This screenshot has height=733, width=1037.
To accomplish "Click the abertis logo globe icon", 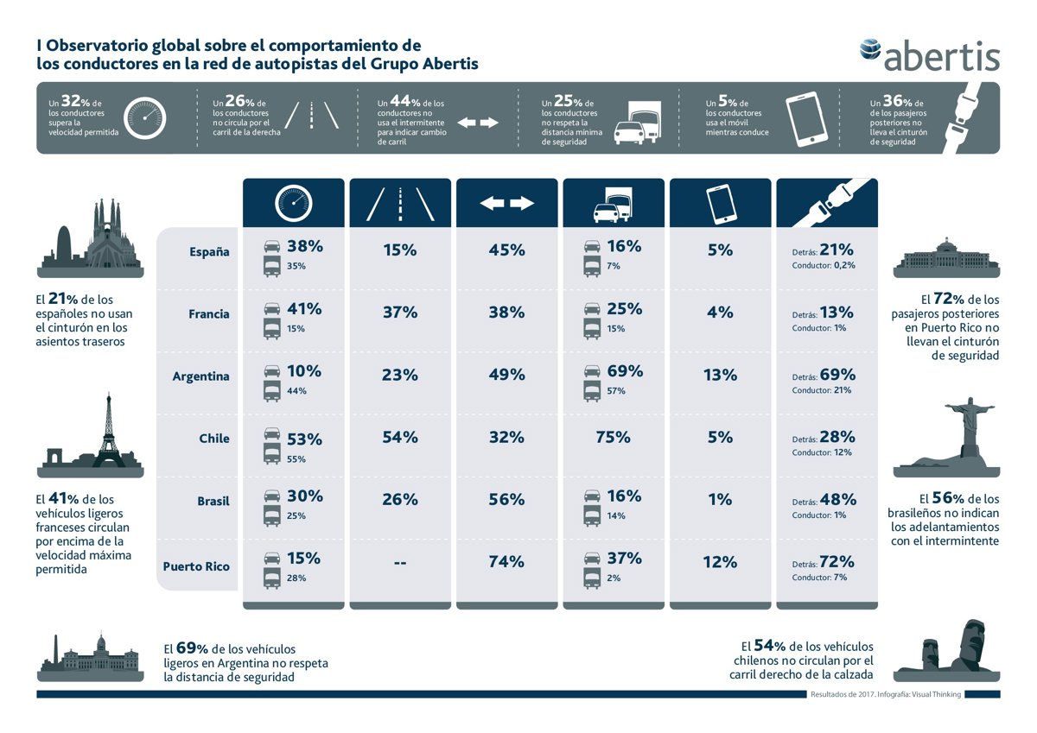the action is click(870, 49).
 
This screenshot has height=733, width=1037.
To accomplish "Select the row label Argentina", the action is click(200, 376).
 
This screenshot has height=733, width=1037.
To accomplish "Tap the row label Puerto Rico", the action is click(196, 566).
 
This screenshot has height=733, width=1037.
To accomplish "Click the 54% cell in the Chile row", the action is click(400, 437).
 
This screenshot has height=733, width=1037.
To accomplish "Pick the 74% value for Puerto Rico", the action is click(506, 562).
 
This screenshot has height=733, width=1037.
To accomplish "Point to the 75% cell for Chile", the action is click(613, 437).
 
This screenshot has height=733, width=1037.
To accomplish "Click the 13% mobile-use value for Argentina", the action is click(721, 375).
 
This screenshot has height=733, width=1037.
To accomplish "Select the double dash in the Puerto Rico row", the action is click(400, 563).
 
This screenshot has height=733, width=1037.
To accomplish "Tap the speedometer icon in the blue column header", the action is click(294, 203).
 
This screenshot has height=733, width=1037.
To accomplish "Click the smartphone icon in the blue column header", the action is click(721, 204).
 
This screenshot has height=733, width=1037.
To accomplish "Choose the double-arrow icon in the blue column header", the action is click(507, 203).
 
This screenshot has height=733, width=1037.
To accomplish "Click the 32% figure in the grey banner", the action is click(71, 101).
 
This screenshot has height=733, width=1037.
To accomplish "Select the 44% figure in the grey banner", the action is click(405, 101).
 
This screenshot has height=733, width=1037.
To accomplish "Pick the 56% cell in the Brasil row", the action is click(506, 499).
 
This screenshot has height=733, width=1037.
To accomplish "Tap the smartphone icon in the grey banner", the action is click(806, 119).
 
